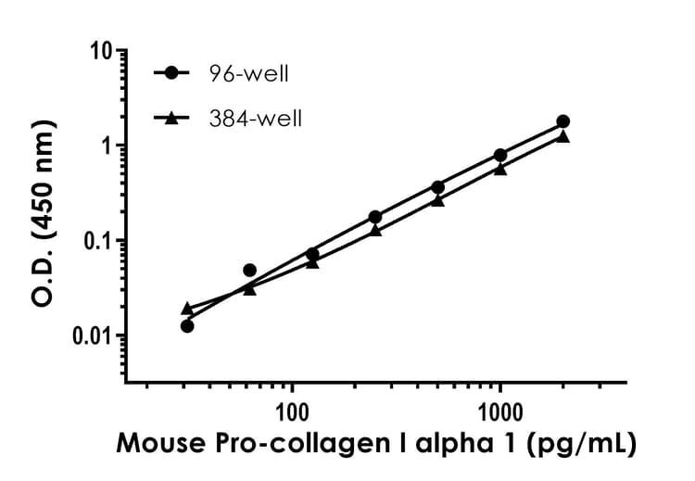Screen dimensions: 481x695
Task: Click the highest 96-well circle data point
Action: pos(562,121)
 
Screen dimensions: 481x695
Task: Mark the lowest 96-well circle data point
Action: pos(187,325)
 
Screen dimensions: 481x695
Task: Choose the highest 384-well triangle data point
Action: pos(562,136)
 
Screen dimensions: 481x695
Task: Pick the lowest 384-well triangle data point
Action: pos(187,308)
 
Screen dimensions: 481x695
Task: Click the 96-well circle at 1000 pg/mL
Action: pos(500,155)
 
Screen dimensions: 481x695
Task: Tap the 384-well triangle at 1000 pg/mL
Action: pos(500,169)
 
